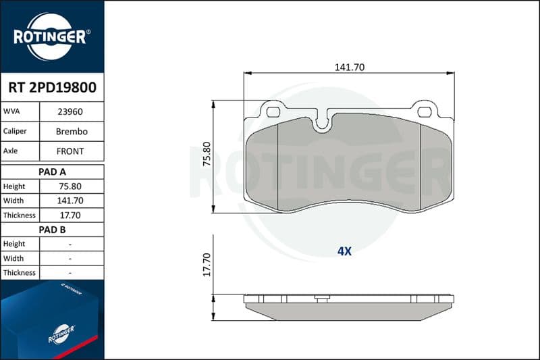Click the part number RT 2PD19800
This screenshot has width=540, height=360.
click(x=53, y=88)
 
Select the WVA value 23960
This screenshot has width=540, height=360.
click(x=70, y=111)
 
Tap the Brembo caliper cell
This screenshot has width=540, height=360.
click(x=72, y=131)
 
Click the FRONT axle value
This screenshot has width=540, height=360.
click(x=70, y=151)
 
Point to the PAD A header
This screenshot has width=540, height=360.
click(x=53, y=172)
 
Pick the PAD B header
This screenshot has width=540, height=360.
click(x=53, y=230)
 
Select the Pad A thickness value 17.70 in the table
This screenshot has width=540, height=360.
click(x=70, y=215)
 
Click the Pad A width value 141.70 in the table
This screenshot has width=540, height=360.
click(x=70, y=201)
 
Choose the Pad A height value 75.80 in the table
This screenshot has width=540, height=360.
click(x=70, y=186)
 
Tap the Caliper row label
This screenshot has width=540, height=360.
click(x=15, y=131)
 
